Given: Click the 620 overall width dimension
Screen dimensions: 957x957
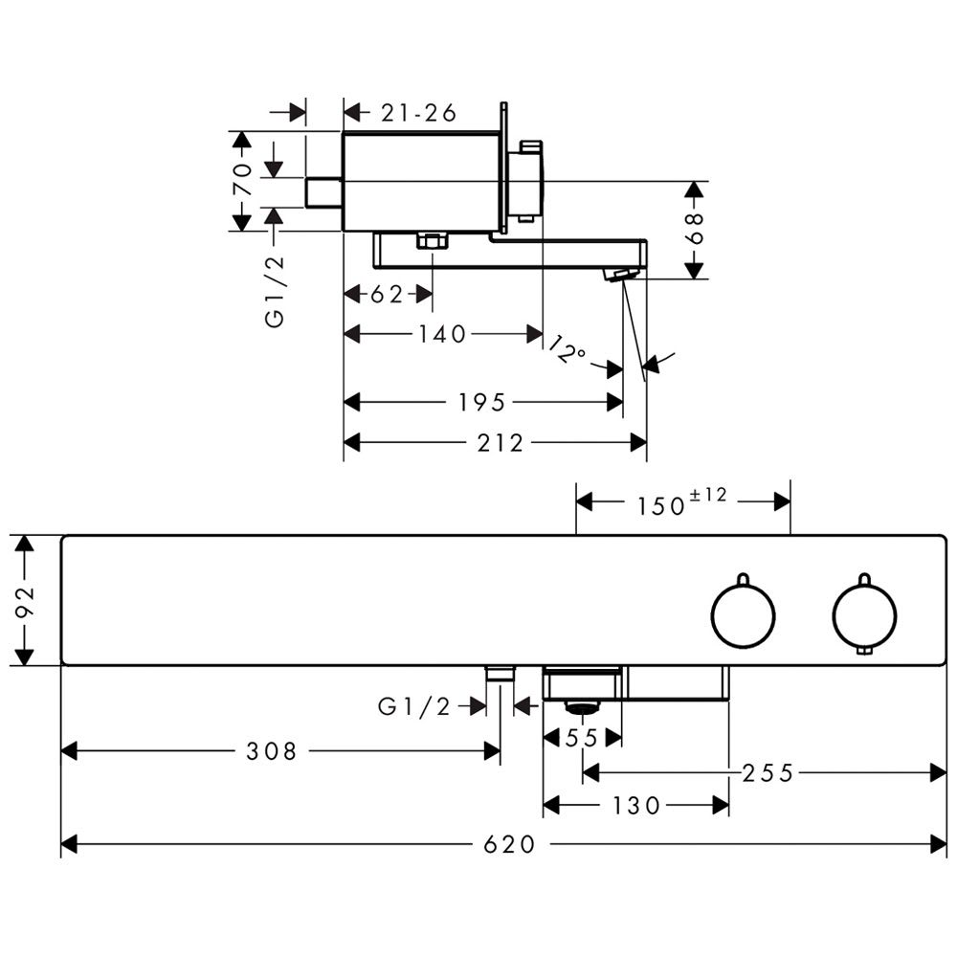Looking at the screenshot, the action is [509, 845].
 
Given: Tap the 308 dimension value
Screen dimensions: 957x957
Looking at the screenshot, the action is [271, 751].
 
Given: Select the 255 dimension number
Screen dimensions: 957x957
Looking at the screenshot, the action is [768, 773].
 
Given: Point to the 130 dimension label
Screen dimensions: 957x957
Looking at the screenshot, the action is [636, 806].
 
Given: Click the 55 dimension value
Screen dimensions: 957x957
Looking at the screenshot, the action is [582, 739].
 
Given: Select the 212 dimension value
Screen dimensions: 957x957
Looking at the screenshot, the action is [500, 443].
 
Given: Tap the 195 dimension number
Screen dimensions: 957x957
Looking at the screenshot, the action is [481, 403].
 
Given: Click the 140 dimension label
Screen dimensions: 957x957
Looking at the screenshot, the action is [442, 334].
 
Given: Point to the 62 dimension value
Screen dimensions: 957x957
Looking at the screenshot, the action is [387, 295].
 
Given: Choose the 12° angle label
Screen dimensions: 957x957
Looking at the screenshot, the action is [567, 349].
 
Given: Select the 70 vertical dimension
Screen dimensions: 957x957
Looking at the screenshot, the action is [242, 178].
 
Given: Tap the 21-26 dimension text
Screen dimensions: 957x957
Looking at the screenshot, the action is [419, 113].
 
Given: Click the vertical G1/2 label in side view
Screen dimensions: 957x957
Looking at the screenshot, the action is [276, 291].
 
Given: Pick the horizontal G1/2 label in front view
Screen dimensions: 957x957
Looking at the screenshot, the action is [413, 707].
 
